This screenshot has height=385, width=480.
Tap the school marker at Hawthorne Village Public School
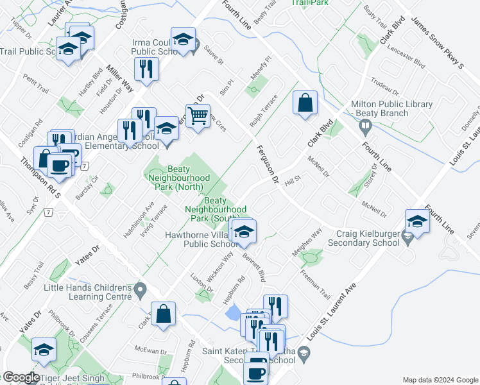pyautogui.click(x=243, y=233)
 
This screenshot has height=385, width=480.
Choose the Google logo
pyautogui.click(x=21, y=377)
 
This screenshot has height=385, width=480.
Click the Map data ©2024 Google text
pyautogui.click(x=440, y=379)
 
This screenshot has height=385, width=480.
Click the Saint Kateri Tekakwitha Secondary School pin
pyautogui.click(x=305, y=351)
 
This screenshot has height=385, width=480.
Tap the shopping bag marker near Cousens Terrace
pyautogui.click(x=164, y=313)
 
